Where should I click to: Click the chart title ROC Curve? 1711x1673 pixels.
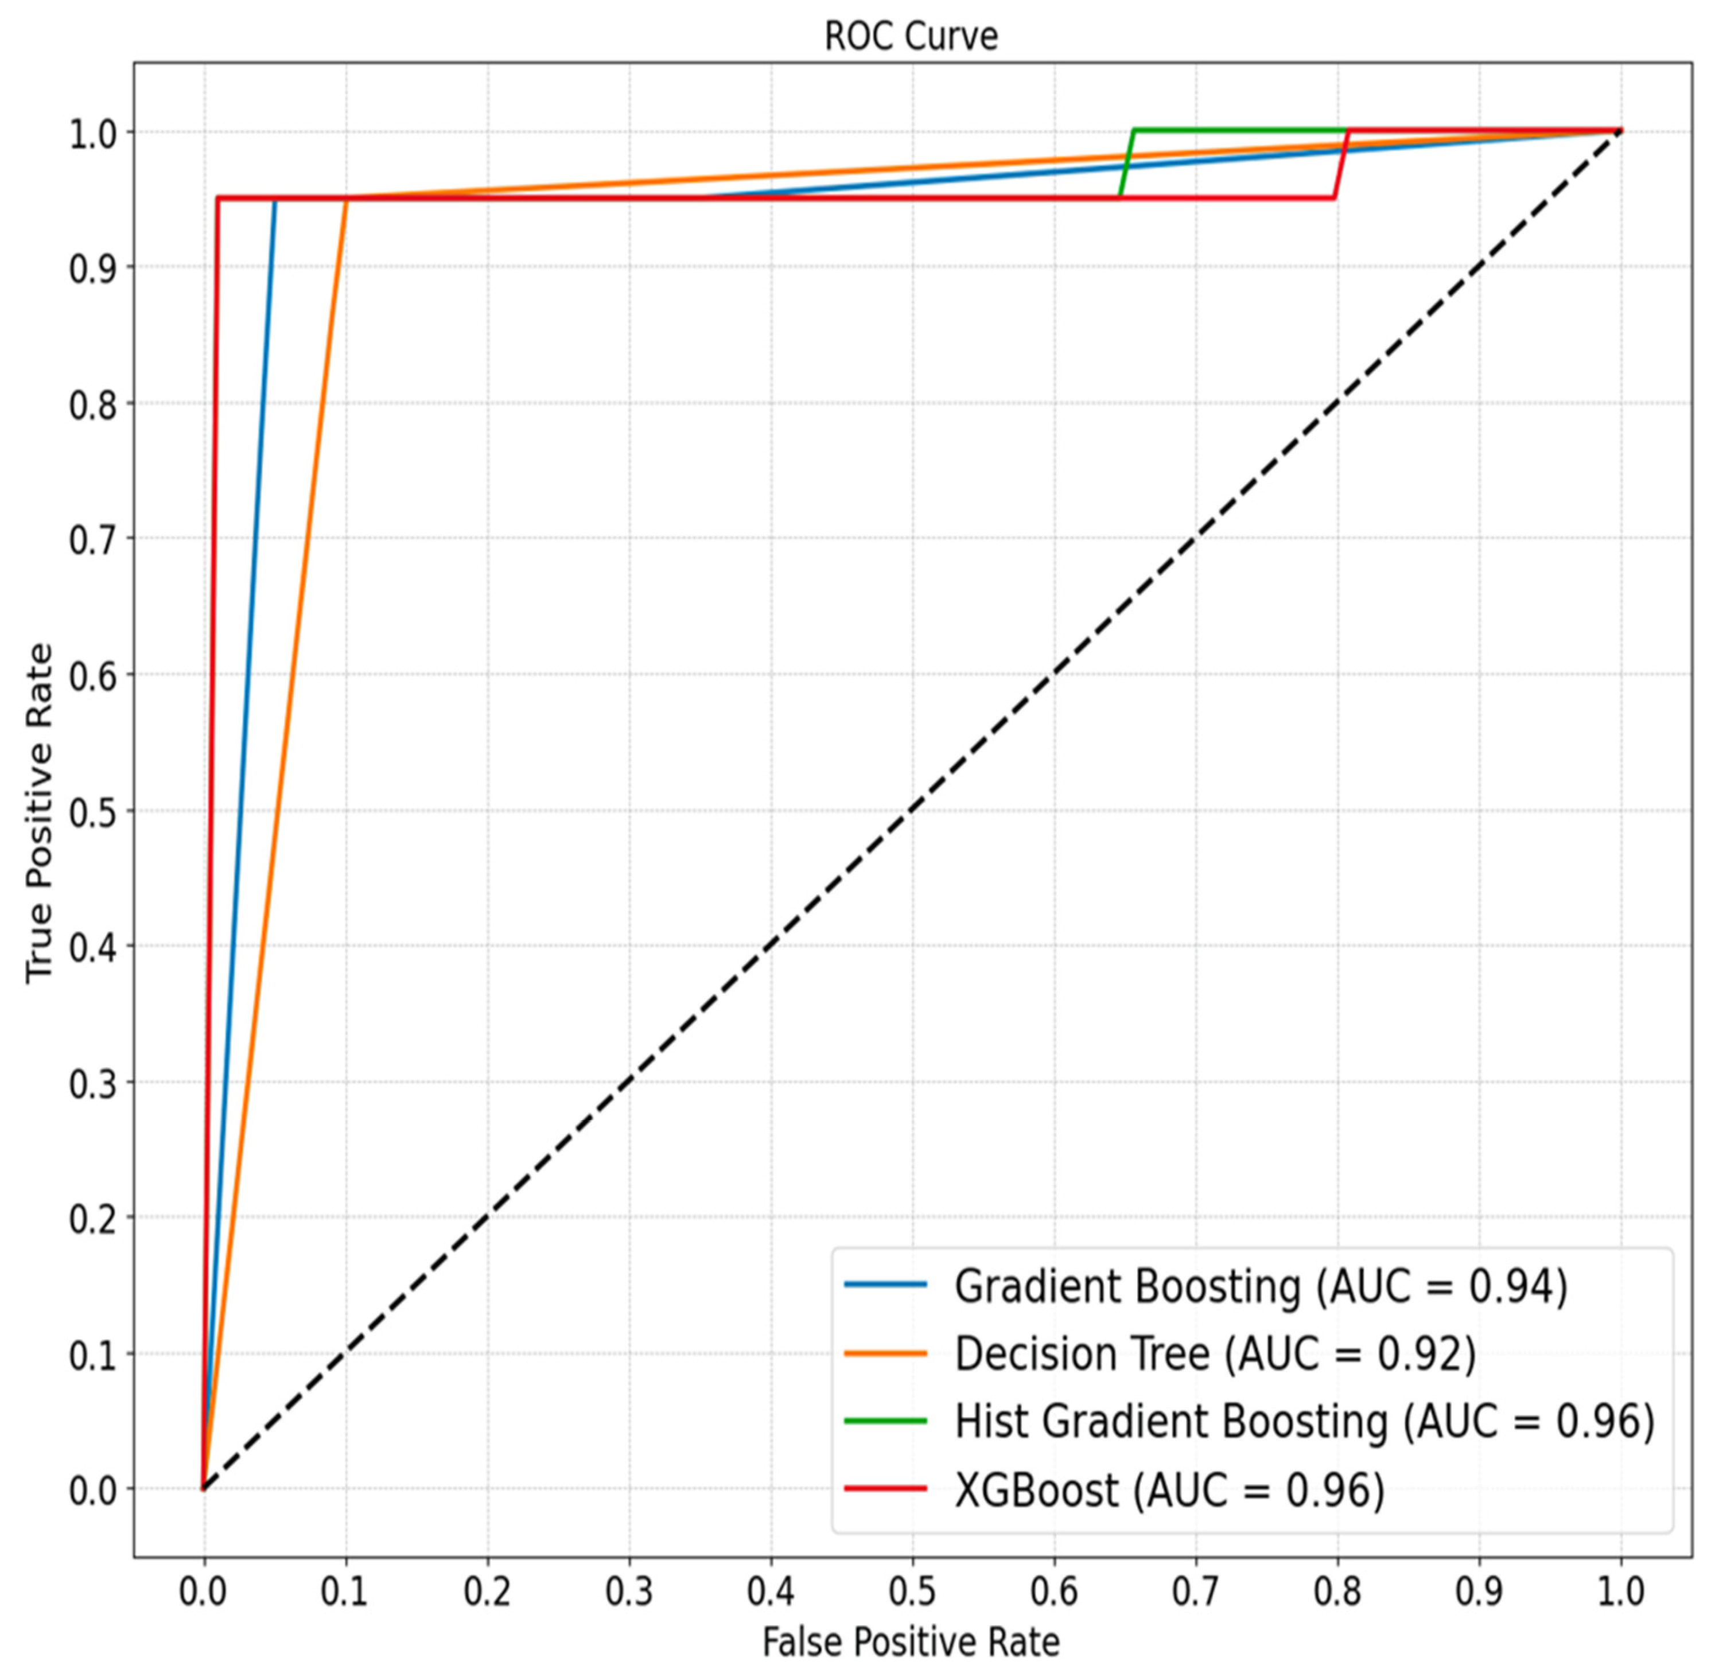click(x=911, y=37)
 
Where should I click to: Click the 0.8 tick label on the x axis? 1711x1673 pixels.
click(x=1337, y=1592)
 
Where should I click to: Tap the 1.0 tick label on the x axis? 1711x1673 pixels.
click(x=1620, y=1592)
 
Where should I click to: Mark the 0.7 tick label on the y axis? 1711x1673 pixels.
click(x=91, y=539)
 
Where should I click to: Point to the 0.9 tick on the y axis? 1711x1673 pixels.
click(x=91, y=267)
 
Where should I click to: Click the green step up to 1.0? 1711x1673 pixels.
click(x=1126, y=164)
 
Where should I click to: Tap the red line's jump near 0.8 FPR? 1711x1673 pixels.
click(x=1341, y=164)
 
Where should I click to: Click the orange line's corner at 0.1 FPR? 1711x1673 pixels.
click(x=346, y=199)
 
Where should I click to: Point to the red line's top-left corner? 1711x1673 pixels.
click(x=217, y=198)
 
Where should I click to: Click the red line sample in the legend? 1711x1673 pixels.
click(x=885, y=1488)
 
